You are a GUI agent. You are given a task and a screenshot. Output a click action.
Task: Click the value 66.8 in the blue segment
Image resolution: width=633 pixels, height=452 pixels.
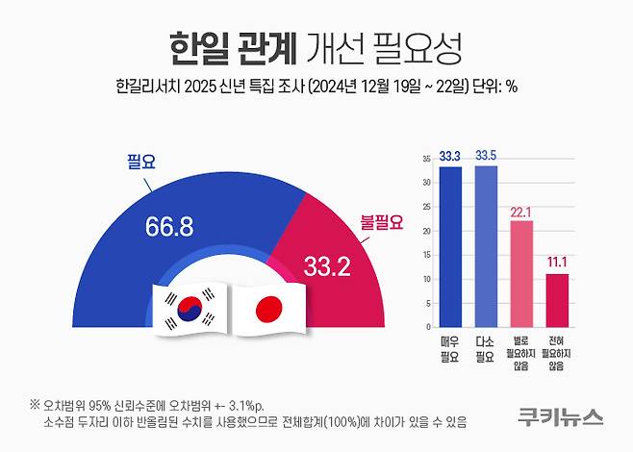[x=171, y=227]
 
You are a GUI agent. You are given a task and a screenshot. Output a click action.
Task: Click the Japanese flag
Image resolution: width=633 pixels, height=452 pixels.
[x=268, y=310]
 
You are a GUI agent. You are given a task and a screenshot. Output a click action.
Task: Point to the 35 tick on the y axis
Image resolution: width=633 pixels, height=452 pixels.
[x=425, y=158]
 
